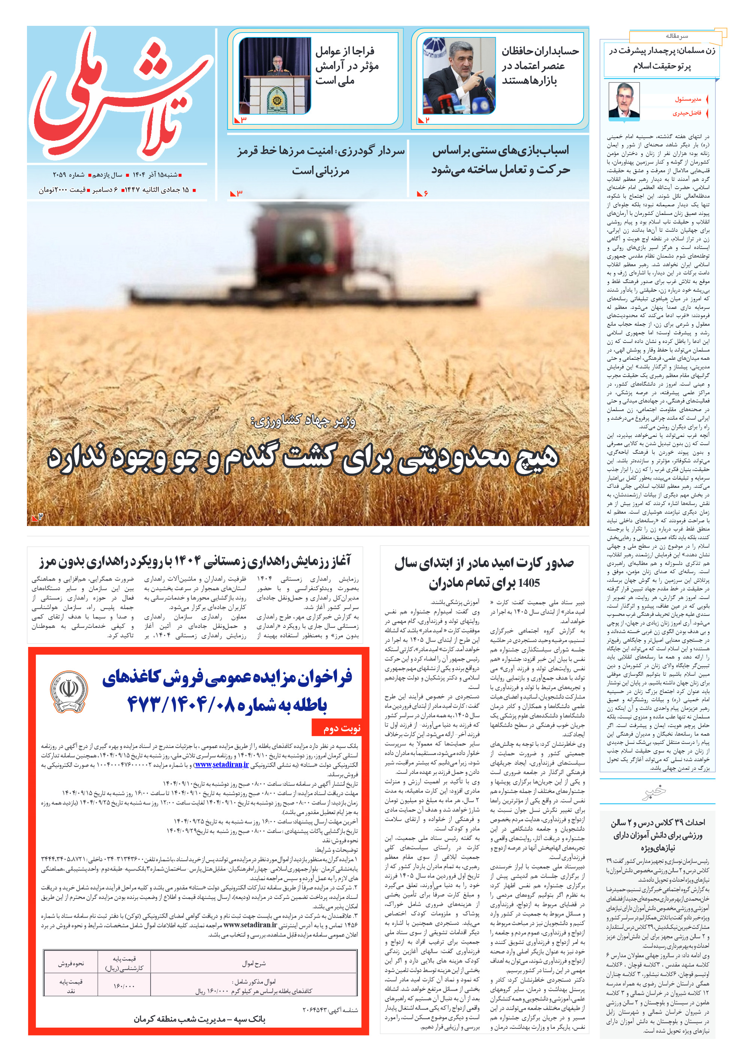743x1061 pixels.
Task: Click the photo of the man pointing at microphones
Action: click(x=459, y=76)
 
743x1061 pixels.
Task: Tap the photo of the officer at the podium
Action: click(x=274, y=76)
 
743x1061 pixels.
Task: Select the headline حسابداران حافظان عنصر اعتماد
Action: click(x=540, y=66)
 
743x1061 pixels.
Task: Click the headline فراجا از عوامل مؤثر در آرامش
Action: click(x=347, y=66)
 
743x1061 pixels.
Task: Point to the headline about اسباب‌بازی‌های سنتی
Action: click(x=500, y=160)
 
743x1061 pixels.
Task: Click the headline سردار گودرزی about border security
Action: click(x=321, y=160)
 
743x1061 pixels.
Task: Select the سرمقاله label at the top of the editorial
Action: click(x=676, y=36)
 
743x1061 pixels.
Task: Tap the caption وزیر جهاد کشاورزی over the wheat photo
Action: click(x=303, y=421)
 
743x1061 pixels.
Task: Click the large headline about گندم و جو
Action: click(x=303, y=458)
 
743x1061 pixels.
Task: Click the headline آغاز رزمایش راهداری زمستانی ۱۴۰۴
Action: click(x=195, y=561)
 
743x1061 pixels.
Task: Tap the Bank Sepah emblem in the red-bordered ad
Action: click(x=69, y=692)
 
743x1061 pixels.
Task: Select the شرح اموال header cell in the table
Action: click(x=254, y=964)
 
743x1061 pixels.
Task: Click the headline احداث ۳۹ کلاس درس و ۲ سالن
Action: click(x=658, y=835)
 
